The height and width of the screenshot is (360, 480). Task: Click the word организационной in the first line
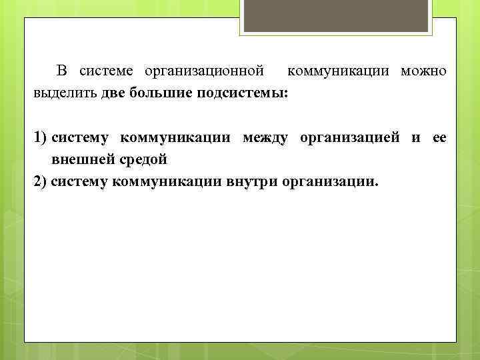tap(209, 71)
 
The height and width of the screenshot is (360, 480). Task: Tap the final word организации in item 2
tap(329, 181)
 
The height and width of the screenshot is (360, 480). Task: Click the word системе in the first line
tap(107, 71)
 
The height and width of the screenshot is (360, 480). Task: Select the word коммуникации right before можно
tap(340, 71)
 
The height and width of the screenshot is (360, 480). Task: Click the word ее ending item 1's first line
tap(439, 138)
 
